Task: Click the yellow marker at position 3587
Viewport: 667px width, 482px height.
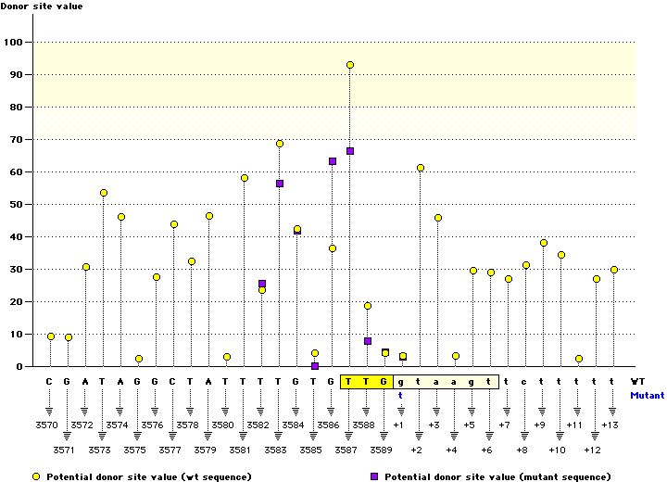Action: tap(350, 65)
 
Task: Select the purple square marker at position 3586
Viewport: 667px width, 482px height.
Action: tap(333, 161)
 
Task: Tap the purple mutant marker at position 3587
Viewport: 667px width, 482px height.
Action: tap(350, 151)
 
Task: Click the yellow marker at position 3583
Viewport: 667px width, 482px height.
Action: tap(280, 144)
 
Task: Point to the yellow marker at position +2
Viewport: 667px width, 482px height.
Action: tap(421, 168)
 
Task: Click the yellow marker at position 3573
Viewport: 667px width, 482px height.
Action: tap(104, 193)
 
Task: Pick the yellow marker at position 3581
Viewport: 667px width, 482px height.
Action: tap(245, 178)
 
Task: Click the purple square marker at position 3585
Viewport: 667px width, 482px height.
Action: tap(315, 366)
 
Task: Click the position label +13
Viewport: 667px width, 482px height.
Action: tap(610, 425)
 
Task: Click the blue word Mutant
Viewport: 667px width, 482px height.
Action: tap(647, 395)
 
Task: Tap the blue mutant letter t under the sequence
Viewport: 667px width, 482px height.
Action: tap(402, 395)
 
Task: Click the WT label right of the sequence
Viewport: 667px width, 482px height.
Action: tap(637, 381)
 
